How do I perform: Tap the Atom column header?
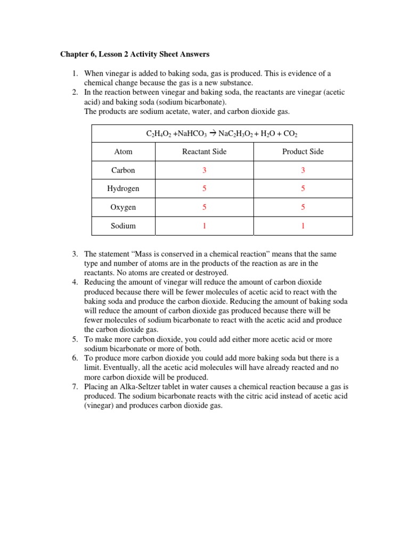pos(123,152)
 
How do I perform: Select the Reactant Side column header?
pos(204,152)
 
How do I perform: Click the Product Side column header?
pos(302,152)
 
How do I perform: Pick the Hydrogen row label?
pos(123,188)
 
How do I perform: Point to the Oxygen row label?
pos(123,207)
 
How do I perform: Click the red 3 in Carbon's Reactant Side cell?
pos(204,170)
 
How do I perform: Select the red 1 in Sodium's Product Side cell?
pos(302,226)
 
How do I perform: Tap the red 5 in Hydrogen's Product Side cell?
pos(302,188)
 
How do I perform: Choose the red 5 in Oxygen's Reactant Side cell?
pos(204,207)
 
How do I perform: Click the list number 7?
pos(75,386)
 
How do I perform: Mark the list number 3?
pos(75,254)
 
